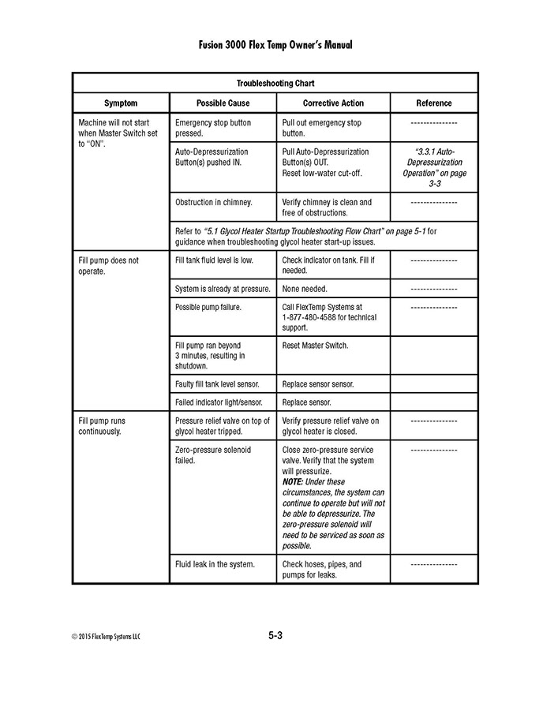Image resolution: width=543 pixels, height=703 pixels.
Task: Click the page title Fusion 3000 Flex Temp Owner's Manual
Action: click(275, 45)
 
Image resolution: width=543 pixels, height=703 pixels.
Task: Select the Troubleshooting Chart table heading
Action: click(275, 83)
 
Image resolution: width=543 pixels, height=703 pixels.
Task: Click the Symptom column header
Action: click(121, 103)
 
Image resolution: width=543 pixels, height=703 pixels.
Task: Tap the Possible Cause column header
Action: click(223, 103)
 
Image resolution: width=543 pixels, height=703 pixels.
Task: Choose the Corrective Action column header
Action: click(333, 103)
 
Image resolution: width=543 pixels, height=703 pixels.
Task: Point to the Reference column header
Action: click(434, 103)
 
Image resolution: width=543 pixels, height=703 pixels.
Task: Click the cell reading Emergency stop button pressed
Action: click(213, 128)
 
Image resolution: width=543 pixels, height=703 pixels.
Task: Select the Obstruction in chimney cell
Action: click(214, 202)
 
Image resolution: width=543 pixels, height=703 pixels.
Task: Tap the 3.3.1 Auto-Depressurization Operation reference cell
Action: click(434, 167)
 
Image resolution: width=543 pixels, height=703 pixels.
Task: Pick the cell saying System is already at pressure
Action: click(223, 289)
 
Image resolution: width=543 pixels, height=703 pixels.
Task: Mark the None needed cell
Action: click(305, 289)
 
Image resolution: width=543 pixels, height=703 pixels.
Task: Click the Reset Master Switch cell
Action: click(315, 346)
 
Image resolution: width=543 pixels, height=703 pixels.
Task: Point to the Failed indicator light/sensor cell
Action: click(219, 402)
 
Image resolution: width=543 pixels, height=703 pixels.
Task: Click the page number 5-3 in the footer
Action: click(275, 636)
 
